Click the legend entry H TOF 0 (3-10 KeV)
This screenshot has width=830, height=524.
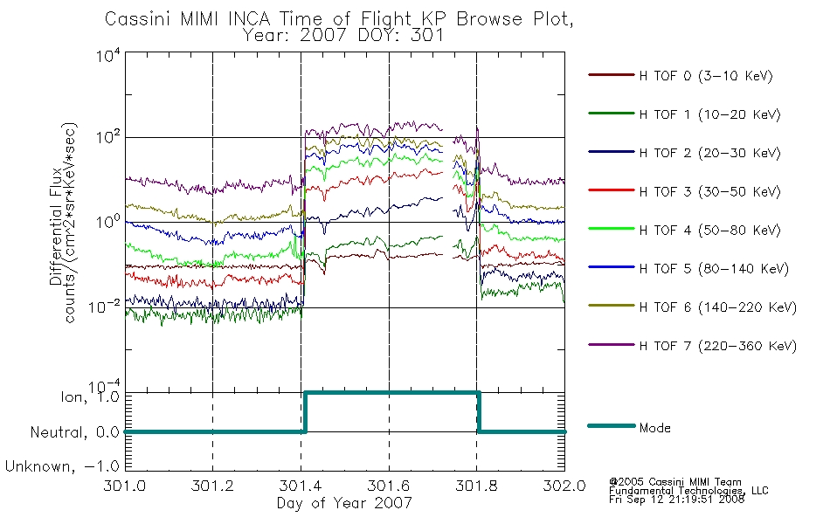point(706,76)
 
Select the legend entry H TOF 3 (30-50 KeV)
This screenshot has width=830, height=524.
point(709,191)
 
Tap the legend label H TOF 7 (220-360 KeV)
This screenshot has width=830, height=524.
point(718,346)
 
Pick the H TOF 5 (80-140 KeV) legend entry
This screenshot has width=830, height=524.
point(714,268)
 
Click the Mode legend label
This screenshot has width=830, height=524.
point(654,428)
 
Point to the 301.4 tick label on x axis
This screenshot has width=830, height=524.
point(301,486)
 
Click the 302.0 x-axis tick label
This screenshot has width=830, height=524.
point(564,486)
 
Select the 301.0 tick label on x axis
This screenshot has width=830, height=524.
point(124,486)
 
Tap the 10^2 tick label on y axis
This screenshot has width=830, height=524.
point(108,136)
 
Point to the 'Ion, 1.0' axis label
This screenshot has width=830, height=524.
point(89,396)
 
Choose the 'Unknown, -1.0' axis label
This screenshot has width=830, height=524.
point(62,466)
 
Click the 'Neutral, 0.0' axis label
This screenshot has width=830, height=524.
point(74,432)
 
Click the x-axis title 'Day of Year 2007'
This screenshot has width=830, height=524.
point(344,503)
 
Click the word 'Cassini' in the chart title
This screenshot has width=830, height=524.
point(138,19)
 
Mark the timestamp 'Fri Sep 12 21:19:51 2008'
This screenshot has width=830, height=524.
point(676,500)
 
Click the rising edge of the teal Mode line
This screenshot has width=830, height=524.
point(305,412)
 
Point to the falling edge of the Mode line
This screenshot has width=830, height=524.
point(479,412)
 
